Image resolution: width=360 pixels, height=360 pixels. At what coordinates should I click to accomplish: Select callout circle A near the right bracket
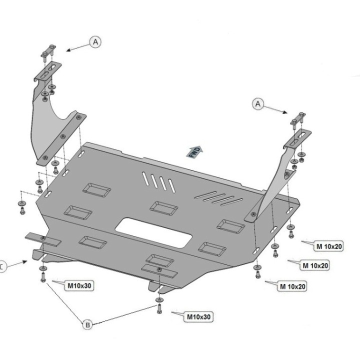(258, 103)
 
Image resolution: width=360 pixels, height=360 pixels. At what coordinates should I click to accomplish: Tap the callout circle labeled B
(88, 325)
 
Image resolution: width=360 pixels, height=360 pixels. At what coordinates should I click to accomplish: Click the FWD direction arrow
(195, 151)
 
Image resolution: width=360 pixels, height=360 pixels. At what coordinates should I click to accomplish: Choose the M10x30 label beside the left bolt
(79, 285)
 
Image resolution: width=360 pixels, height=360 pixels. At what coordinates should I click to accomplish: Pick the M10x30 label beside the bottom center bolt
(199, 316)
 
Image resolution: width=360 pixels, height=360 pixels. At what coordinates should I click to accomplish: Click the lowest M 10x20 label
(292, 286)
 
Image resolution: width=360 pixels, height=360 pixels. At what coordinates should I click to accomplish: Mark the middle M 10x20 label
(315, 265)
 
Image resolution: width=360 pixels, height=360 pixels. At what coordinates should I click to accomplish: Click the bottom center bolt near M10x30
(159, 307)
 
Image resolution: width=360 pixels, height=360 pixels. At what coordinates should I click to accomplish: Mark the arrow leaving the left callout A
(77, 47)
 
